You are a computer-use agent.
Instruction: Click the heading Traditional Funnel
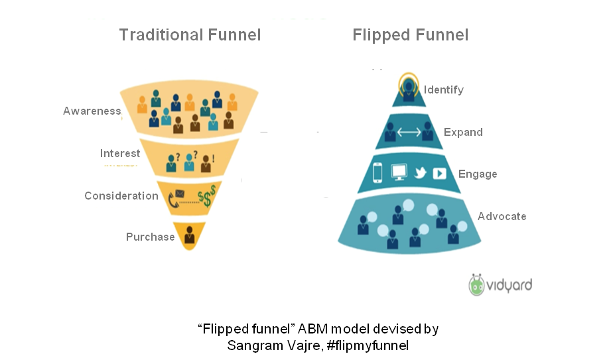pyautogui.click(x=190, y=35)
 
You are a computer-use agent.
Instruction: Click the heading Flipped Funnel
pyautogui.click(x=411, y=35)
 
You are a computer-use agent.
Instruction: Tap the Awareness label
pyautogui.click(x=92, y=111)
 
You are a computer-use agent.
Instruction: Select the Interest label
pyautogui.click(x=119, y=153)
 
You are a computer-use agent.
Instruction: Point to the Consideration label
pyautogui.click(x=121, y=196)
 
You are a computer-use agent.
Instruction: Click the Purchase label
pyautogui.click(x=150, y=237)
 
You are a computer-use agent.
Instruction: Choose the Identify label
pyautogui.click(x=443, y=90)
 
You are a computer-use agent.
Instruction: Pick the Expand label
pyautogui.click(x=462, y=132)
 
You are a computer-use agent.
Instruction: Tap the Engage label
pyautogui.click(x=477, y=174)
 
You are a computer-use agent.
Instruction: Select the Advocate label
pyautogui.click(x=502, y=216)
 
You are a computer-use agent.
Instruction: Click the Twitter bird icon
pyautogui.click(x=419, y=173)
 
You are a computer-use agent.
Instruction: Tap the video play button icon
pyautogui.click(x=439, y=173)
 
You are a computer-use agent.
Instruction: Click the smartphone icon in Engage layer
pyautogui.click(x=378, y=173)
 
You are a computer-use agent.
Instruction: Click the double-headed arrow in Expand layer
pyautogui.click(x=409, y=133)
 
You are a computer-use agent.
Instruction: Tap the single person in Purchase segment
pyautogui.click(x=190, y=235)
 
